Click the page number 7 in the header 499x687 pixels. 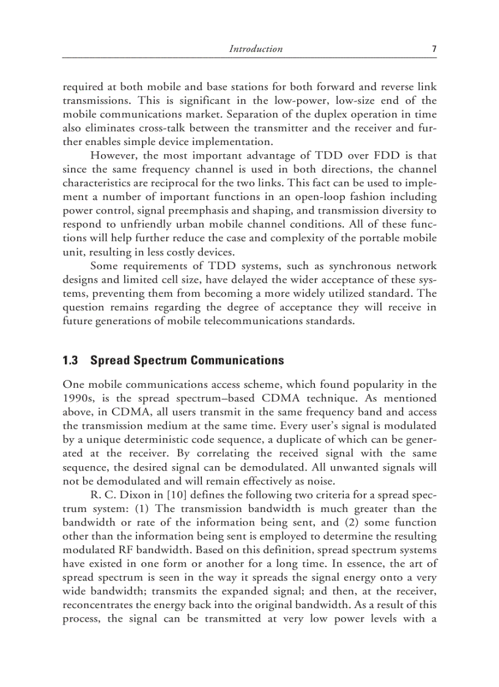(434, 49)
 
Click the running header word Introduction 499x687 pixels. (256, 49)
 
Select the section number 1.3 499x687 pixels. (71, 360)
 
